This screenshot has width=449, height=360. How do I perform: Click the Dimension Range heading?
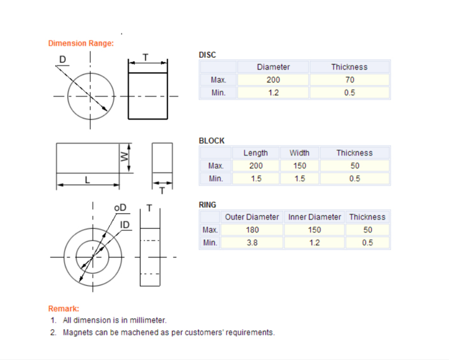tap(81, 43)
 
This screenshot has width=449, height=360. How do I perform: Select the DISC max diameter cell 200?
tap(273, 80)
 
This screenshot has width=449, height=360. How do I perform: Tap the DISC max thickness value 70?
tap(350, 80)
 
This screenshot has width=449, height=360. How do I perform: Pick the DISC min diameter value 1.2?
tap(273, 92)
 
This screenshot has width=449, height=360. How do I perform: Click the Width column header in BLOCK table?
tap(300, 153)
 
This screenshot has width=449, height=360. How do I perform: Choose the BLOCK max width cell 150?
tap(300, 166)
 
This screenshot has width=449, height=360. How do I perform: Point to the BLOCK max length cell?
tap(256, 166)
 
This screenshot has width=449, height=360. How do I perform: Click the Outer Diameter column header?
tap(252, 217)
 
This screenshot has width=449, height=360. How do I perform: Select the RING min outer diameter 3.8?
tap(252, 243)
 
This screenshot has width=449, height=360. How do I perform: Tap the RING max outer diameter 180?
tap(252, 230)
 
